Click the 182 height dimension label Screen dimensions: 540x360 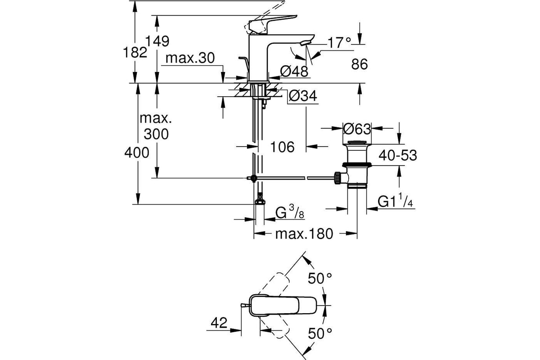coord(135,52)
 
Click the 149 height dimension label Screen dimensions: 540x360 coord(157,41)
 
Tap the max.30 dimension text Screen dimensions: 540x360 coord(190,58)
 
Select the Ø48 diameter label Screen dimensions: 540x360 coord(294,72)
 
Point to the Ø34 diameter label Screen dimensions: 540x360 coord(303,96)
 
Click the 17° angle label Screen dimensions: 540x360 coord(339,43)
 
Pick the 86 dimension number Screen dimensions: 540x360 coord(360,64)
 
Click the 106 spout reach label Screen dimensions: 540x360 coord(282,147)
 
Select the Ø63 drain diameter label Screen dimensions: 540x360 coord(357,129)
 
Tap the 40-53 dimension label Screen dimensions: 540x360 coord(398,155)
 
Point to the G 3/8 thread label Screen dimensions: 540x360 coord(290,212)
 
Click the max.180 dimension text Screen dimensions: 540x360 coord(304,234)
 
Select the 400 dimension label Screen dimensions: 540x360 coord(137,153)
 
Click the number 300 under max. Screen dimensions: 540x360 coord(156,134)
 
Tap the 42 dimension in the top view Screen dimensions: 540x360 coord(219,322)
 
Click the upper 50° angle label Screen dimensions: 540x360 coord(320,279)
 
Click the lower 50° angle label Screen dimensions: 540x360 coord(320,333)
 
